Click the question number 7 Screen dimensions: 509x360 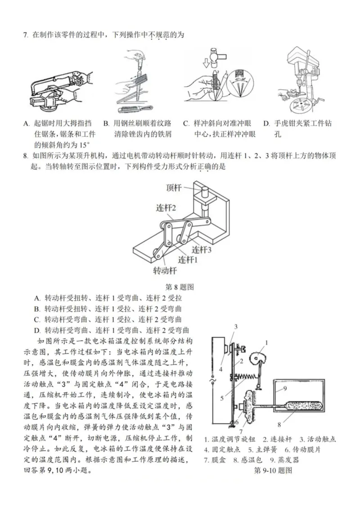[25, 35]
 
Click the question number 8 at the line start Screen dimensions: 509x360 [25, 156]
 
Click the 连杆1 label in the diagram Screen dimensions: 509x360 [188, 260]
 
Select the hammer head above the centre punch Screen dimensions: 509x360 [214, 55]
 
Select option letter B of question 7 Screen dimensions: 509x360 [106, 123]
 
